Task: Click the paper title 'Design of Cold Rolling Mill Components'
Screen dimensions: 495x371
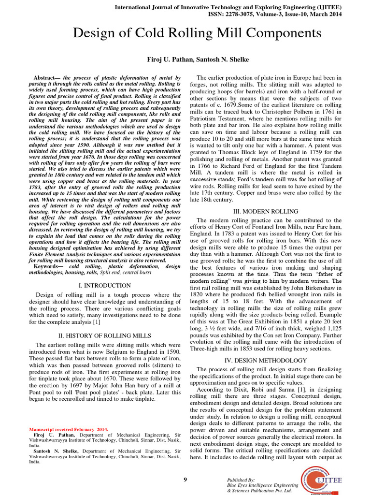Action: click(x=197, y=33)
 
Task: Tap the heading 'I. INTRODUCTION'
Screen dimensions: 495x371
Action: click(x=104, y=286)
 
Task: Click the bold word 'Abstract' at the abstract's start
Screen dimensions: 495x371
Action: click(x=46, y=78)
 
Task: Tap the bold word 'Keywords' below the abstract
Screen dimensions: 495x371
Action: click(x=49, y=266)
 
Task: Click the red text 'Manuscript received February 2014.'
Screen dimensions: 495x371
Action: click(x=69, y=429)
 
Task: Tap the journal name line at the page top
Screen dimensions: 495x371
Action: click(x=240, y=7)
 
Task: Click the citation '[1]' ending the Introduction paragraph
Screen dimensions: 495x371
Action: click(x=97, y=321)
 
